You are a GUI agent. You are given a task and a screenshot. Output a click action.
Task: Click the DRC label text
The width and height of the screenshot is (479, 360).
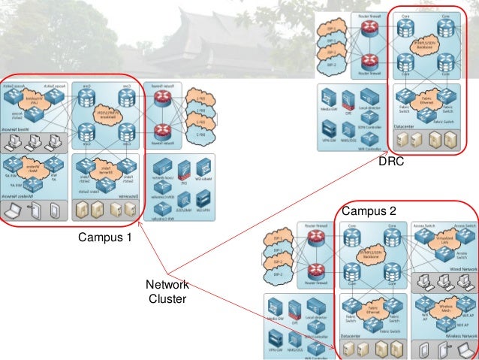[x=391, y=162]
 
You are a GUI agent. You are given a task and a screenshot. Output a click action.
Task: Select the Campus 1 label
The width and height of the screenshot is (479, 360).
[x=104, y=238]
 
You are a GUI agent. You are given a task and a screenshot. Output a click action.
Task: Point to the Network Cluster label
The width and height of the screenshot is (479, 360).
[x=167, y=292]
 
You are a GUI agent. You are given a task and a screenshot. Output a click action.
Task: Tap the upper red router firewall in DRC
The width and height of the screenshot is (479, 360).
[x=369, y=29]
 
